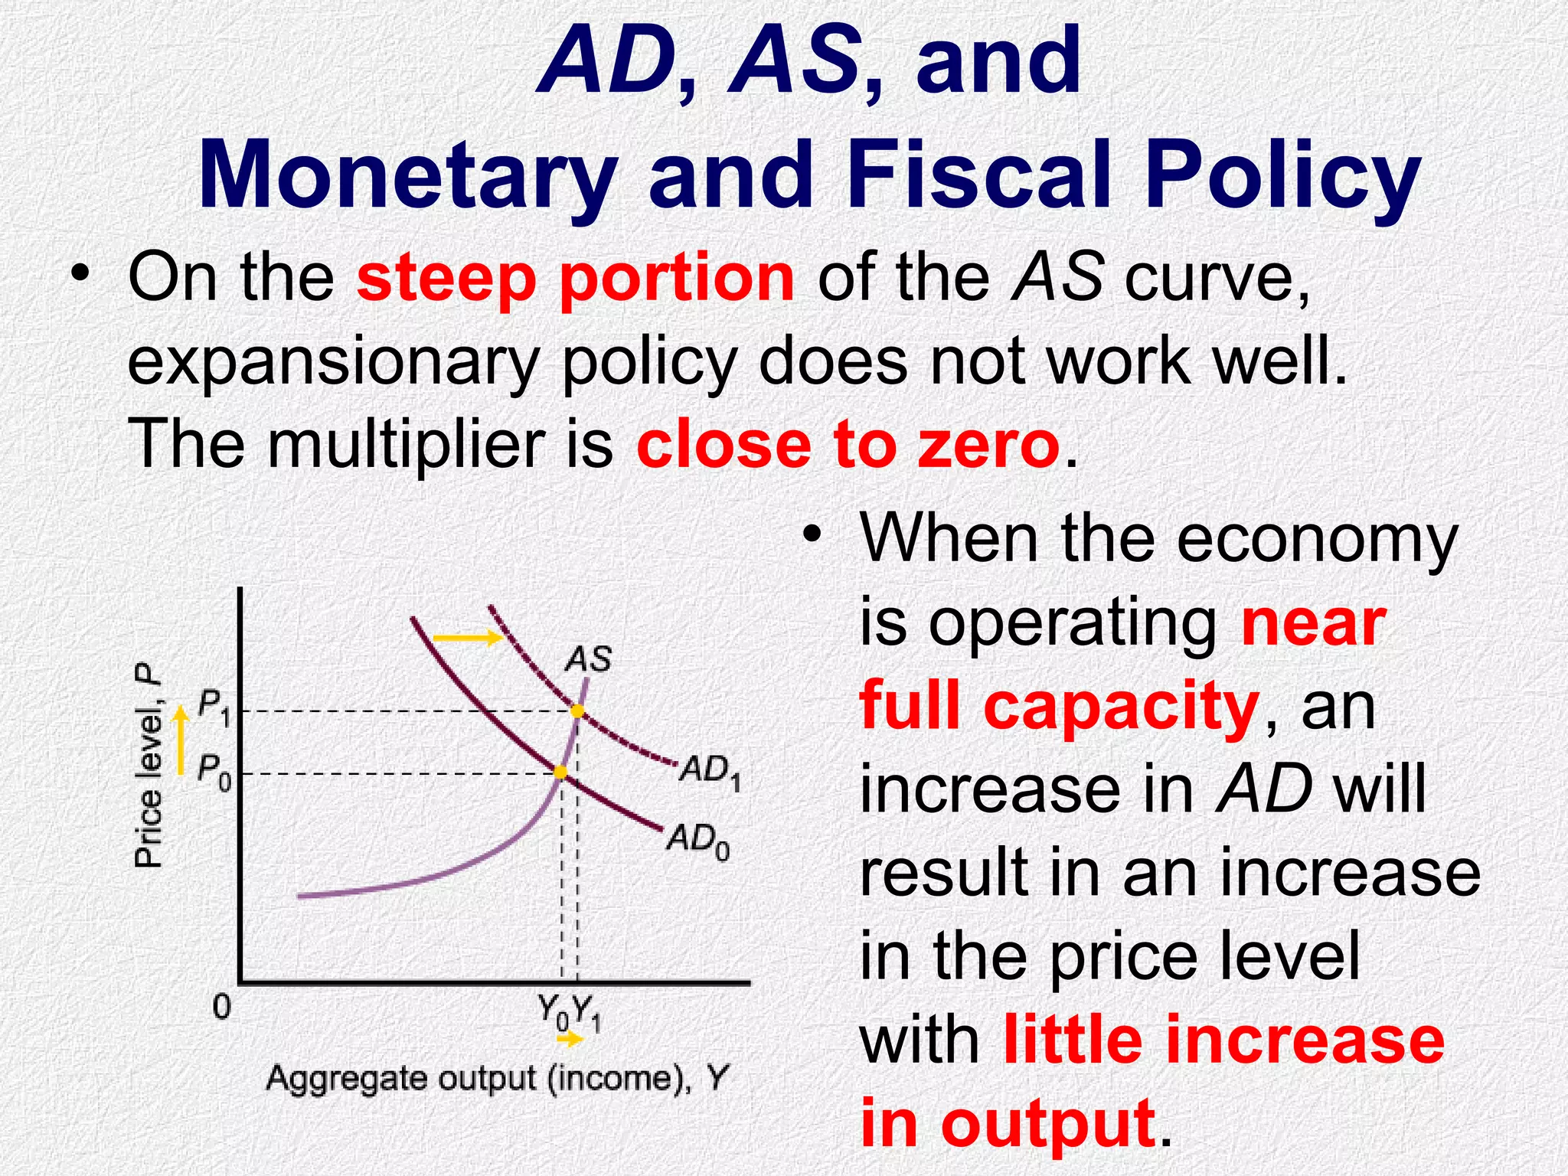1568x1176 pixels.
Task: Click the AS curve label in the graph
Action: (588, 659)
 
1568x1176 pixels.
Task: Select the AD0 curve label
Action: (697, 841)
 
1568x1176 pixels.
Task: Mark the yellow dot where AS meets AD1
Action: (577, 711)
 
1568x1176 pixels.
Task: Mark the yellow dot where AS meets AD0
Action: (560, 773)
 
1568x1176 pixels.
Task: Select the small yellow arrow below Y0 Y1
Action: (569, 1040)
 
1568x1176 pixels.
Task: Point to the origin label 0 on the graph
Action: (221, 1007)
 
